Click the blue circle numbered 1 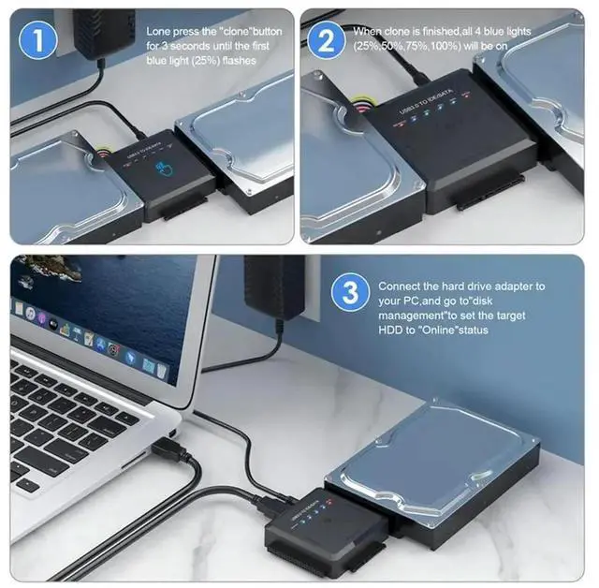pos(38,39)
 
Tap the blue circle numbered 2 pos(327,40)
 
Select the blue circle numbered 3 pos(350,293)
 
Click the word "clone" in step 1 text pos(233,32)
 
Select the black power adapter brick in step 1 pos(104,34)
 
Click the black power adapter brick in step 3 pos(274,287)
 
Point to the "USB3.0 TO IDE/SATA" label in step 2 pos(426,102)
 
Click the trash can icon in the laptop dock pos(162,370)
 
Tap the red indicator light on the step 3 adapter pos(329,501)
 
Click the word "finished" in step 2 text pos(441,32)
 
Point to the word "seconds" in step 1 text pos(190,46)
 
